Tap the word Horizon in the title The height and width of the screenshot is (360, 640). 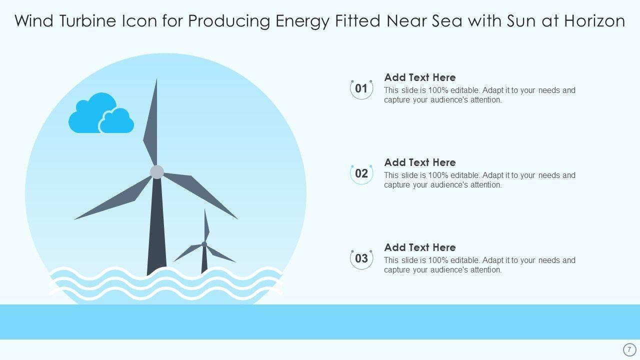594,21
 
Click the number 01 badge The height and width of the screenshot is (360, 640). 361,89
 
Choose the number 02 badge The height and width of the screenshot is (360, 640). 361,173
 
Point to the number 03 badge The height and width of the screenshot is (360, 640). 361,258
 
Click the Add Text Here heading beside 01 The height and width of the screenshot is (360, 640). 419,77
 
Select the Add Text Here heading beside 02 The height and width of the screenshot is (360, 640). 419,162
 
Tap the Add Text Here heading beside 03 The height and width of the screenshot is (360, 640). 419,247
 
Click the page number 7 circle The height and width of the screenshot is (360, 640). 629,349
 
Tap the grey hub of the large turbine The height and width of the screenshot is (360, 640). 157,171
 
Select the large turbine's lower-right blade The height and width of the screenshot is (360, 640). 200,194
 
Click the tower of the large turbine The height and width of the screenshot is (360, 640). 156,225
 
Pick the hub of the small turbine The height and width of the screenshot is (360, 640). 204,244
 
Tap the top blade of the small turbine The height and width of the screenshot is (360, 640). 206,225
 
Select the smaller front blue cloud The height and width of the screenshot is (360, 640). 116,121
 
